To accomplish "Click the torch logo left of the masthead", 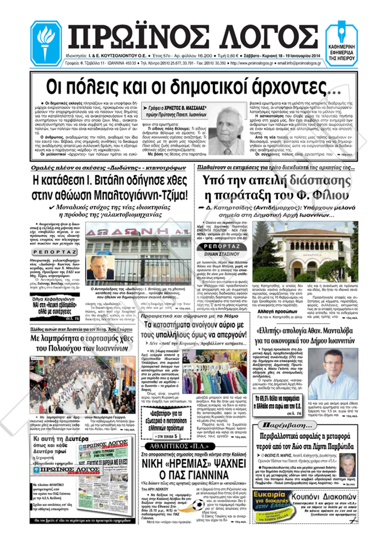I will [x=46, y=43].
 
